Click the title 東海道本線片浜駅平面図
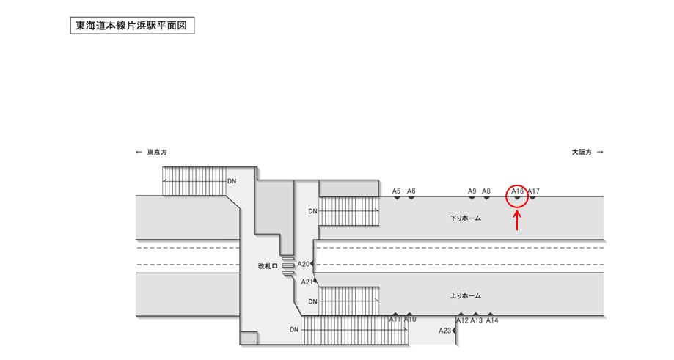132,26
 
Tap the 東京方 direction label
156,153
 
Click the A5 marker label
396,191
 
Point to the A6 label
411,191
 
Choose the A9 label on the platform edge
472,191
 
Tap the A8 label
486,191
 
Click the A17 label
534,191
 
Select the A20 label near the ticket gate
304,264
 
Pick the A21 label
307,282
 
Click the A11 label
395,320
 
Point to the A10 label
410,320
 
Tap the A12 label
462,320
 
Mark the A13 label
477,320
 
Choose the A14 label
492,320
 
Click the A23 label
445,331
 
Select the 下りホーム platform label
465,218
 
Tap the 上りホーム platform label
465,296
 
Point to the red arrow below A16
518,221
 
